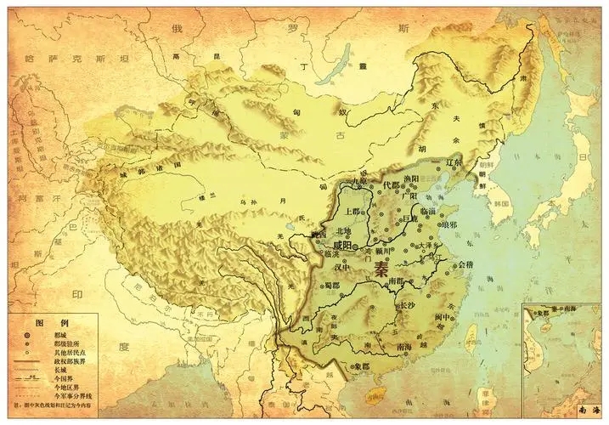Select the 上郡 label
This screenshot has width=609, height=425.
pos(352,209)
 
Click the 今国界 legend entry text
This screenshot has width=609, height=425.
pos(68,377)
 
